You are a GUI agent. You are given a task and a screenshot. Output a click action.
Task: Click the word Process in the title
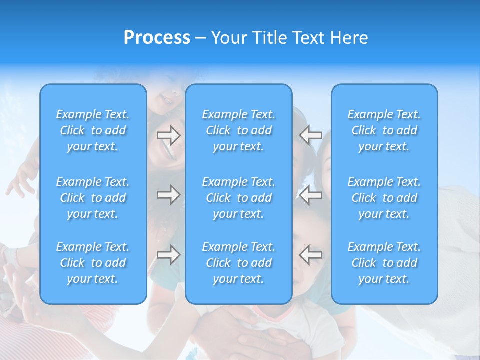coord(157,38)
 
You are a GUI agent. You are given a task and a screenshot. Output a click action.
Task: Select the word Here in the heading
coord(349,38)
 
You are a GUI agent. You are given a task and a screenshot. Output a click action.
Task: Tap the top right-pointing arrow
coord(168,135)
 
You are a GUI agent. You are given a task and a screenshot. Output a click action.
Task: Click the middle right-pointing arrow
coord(168,195)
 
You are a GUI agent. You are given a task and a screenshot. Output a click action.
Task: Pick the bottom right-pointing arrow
coord(168,255)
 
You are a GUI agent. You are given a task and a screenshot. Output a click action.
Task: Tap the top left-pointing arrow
coord(310,135)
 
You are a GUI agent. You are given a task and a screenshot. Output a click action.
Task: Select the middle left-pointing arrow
coord(310,195)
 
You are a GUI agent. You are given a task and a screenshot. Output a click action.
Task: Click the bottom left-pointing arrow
coord(310,255)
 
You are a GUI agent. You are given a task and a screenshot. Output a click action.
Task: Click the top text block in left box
coord(93,130)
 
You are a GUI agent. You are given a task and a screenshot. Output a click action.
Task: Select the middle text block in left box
coord(93,198)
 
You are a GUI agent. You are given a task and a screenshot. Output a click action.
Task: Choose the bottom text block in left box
coord(93,263)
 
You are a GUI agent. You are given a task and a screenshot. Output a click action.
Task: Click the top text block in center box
coord(238,130)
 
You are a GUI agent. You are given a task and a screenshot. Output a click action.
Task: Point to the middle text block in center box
coord(238,198)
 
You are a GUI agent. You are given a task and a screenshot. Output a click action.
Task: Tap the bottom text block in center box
coord(238,263)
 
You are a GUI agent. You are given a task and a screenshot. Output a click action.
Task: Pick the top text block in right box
coord(384,130)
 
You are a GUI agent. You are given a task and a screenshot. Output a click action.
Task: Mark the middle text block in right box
coord(384,198)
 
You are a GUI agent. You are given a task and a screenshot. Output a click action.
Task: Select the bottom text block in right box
coord(384,263)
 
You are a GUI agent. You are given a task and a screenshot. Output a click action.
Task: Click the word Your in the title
coord(229,38)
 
